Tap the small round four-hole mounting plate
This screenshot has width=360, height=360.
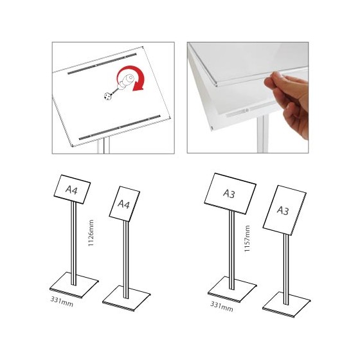(107, 96)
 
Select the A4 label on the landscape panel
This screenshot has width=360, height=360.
(71, 190)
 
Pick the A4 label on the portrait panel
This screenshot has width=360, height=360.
(123, 204)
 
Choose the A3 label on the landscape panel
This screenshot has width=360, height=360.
(229, 194)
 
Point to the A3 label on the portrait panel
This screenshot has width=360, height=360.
(283, 210)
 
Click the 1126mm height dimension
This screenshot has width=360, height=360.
(91, 233)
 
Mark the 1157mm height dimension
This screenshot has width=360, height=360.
(247, 239)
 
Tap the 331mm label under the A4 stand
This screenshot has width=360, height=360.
(62, 301)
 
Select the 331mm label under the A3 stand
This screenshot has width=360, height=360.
(222, 307)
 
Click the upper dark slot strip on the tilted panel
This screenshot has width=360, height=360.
(102, 64)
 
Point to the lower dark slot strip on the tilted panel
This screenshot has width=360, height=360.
(120, 127)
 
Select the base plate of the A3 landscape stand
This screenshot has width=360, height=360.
(232, 289)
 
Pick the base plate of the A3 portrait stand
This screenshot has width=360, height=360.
(286, 305)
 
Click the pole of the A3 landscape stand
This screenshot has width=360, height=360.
(231, 250)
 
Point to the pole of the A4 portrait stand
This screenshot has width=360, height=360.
(126, 260)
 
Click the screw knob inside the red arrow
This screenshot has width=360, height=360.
(125, 82)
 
